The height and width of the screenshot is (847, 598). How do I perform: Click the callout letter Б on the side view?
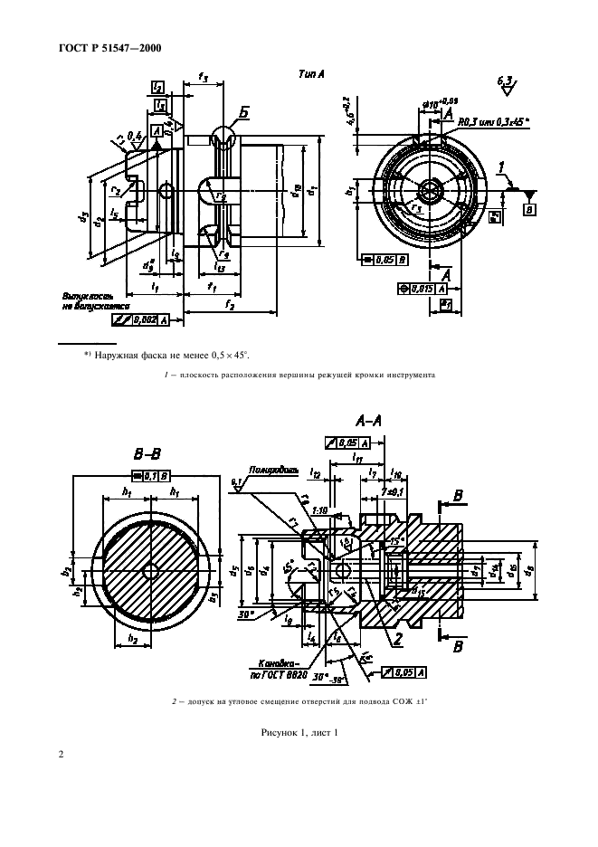244,113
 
